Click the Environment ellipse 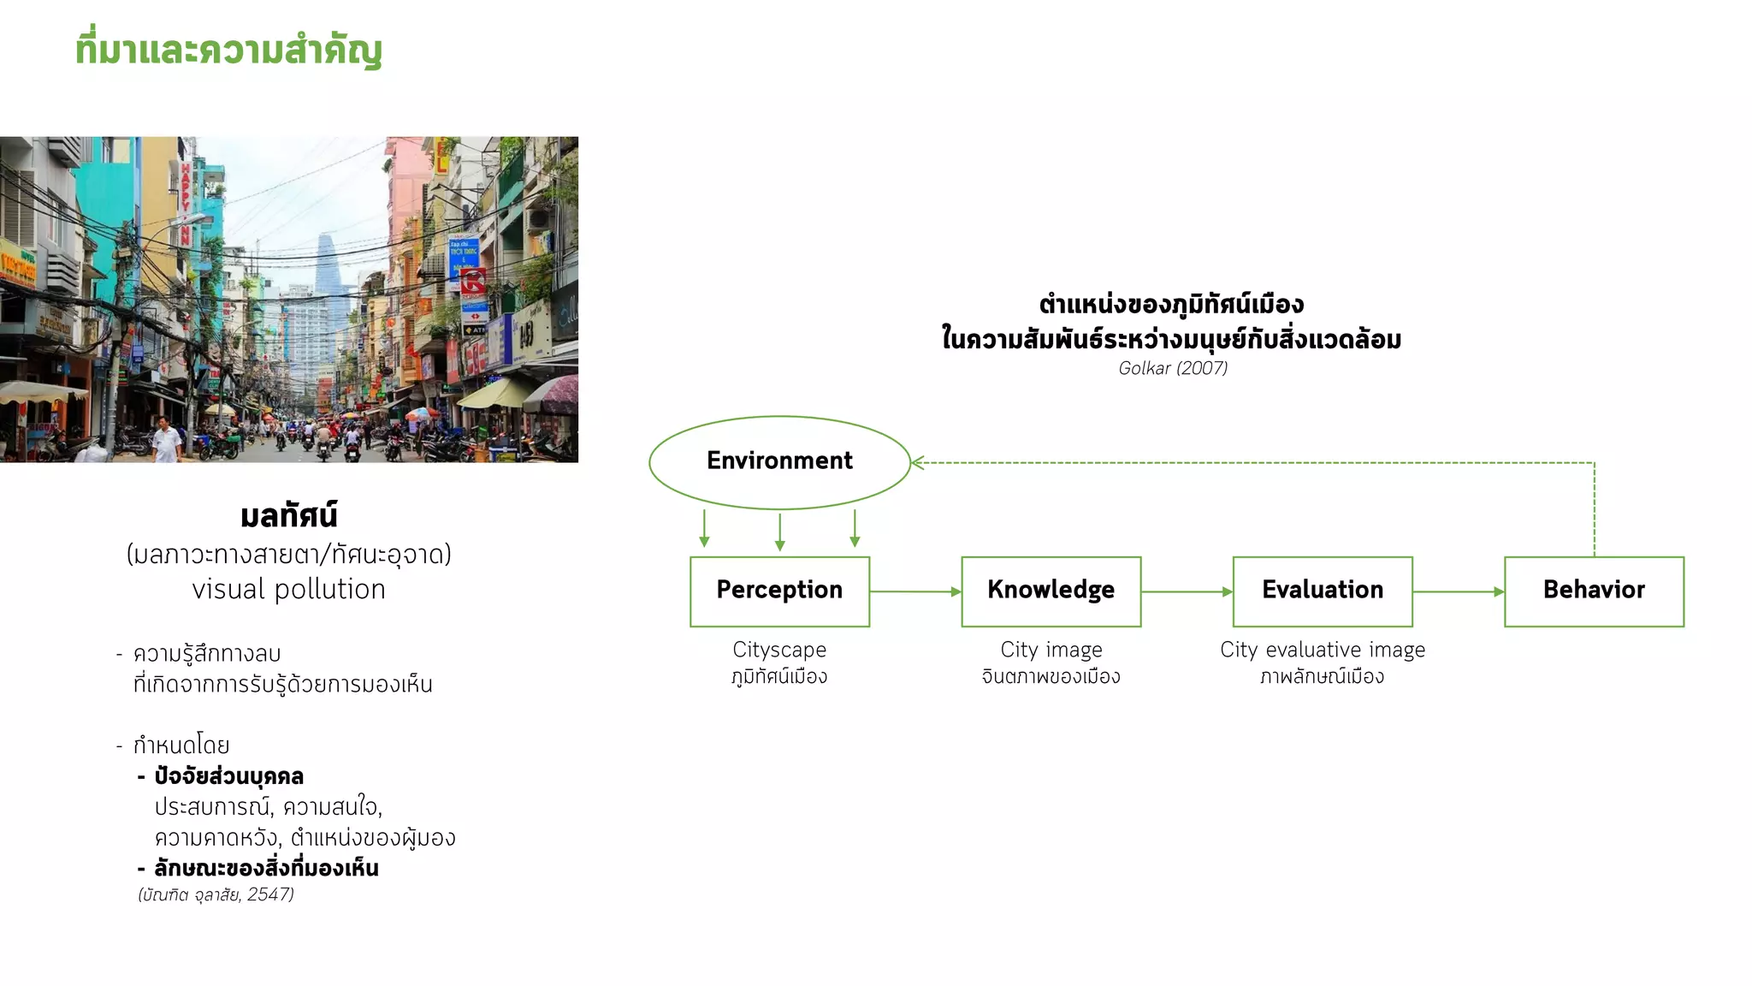[x=779, y=462]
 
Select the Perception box [x=779, y=591]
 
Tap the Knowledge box [x=1051, y=591]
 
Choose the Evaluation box [x=1322, y=591]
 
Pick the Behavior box [x=1594, y=591]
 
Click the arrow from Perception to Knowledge [x=915, y=591]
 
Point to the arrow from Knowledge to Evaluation [x=1187, y=591]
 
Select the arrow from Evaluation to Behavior [x=1458, y=591]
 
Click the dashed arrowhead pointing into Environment [x=918, y=463]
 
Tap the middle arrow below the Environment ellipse [x=779, y=531]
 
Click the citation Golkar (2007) [x=1173, y=368]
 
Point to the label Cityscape [x=779, y=650]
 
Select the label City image [x=1051, y=650]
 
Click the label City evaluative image [x=1323, y=650]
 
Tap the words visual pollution [x=288, y=590]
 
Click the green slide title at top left [x=228, y=50]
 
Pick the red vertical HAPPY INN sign [x=186, y=201]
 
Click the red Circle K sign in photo [x=473, y=282]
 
